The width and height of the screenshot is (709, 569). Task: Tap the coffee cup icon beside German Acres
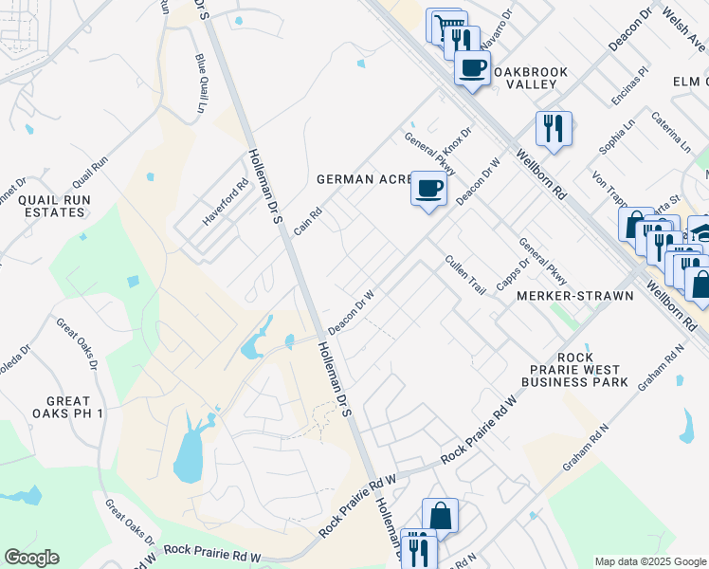click(428, 189)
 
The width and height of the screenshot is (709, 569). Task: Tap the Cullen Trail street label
click(465, 274)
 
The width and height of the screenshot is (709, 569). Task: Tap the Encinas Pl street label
click(630, 86)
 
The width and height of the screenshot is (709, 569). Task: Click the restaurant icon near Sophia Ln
click(554, 127)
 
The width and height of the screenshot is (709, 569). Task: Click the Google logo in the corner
click(31, 558)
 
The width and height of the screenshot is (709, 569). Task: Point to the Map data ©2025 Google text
click(649, 561)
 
